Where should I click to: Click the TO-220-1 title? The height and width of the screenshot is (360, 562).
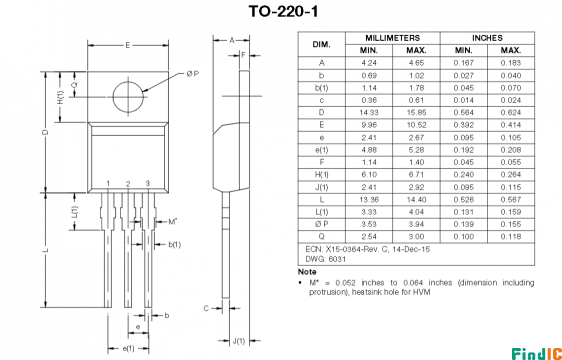point(283,11)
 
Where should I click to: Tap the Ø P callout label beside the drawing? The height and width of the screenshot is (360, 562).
point(192,74)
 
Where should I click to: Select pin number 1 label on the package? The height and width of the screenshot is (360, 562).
point(108,184)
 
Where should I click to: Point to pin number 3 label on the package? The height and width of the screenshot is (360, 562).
point(148,183)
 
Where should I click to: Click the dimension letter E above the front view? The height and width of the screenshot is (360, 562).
point(128,45)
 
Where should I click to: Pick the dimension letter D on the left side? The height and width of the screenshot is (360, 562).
point(46,132)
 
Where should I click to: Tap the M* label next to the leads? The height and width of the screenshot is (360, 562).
point(173,222)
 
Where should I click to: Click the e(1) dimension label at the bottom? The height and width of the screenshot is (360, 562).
point(128,349)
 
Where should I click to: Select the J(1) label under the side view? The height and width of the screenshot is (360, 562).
point(239,341)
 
